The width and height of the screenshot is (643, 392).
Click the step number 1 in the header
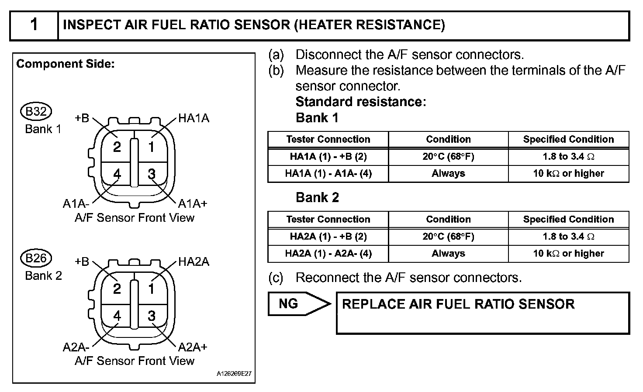click(x=34, y=24)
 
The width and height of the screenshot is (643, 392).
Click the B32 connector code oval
click(x=36, y=112)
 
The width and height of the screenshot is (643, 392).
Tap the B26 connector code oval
click(x=36, y=258)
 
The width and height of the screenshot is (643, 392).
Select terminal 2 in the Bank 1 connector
click(x=117, y=147)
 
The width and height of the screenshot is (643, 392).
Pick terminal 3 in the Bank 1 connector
click(x=152, y=174)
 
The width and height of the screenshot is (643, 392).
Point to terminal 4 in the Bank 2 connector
click(x=117, y=316)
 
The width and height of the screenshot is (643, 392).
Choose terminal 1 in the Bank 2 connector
click(x=152, y=289)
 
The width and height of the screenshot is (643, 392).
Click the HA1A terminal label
click(x=194, y=118)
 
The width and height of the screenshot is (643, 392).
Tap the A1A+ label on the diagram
click(x=193, y=203)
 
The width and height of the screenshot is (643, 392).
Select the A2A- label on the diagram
click(x=76, y=347)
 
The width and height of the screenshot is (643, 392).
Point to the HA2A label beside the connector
click(x=194, y=262)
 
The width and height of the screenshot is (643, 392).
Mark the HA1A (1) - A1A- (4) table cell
click(x=328, y=173)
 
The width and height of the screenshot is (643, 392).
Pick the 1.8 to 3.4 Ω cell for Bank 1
click(x=568, y=156)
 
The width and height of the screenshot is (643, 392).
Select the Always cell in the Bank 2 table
click(x=448, y=253)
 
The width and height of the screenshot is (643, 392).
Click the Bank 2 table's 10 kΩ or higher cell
click(x=568, y=253)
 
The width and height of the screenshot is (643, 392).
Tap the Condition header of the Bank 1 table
click(x=448, y=139)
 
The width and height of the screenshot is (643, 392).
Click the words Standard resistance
click(x=360, y=102)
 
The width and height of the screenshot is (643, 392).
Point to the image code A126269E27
click(x=234, y=374)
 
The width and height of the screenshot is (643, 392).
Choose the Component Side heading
click(x=66, y=64)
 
